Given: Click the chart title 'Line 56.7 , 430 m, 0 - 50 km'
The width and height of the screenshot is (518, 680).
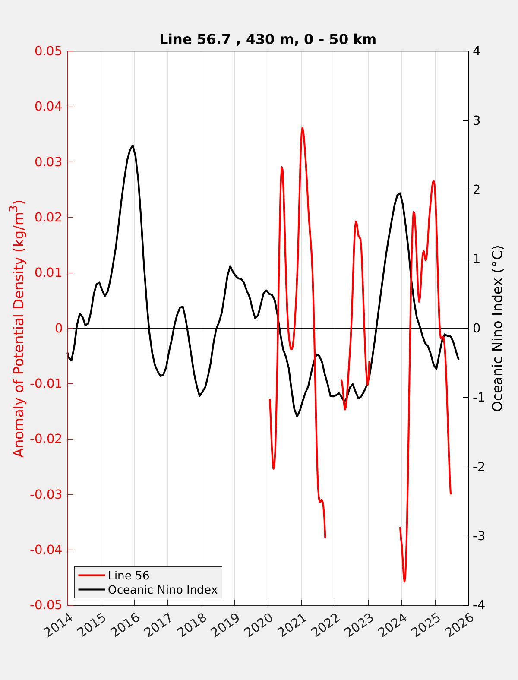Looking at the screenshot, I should (x=268, y=39).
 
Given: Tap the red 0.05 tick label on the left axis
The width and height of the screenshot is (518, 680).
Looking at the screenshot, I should (x=48, y=51).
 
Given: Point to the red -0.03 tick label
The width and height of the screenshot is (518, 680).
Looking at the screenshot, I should (x=46, y=494).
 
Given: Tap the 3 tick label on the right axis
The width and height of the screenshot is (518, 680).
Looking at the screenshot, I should (x=477, y=120).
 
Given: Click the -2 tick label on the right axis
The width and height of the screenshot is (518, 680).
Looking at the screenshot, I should (x=479, y=467).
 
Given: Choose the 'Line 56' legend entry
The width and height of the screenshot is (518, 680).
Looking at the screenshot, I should (x=128, y=576).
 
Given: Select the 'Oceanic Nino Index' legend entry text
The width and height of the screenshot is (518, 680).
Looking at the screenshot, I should (x=162, y=590).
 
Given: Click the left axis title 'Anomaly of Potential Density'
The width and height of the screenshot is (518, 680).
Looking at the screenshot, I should (x=19, y=328).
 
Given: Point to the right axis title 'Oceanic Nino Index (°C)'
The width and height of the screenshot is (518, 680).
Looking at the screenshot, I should (x=497, y=328).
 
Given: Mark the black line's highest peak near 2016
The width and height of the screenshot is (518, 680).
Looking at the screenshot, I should (x=133, y=145).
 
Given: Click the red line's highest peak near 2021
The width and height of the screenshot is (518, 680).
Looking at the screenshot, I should (x=302, y=128).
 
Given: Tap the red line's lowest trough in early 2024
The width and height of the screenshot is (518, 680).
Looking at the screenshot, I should (x=404, y=582).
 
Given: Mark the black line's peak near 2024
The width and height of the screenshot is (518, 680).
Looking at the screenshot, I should (x=400, y=193).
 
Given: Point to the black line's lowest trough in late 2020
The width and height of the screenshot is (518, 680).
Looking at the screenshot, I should (x=297, y=416).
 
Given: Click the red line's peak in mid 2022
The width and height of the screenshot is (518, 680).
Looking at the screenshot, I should (x=356, y=221).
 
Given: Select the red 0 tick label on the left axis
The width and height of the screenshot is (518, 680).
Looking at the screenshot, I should (x=59, y=328).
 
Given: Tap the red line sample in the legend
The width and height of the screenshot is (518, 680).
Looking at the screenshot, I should (x=92, y=576).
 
